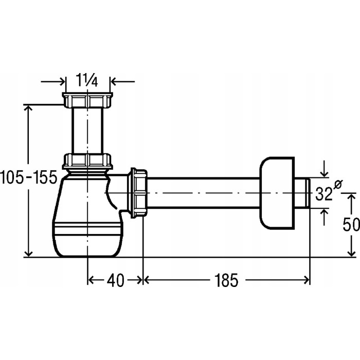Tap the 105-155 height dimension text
(x=28, y=177)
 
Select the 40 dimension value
(x=116, y=280)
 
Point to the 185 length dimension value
(x=226, y=280)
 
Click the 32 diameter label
(x=323, y=193)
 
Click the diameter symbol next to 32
(x=338, y=184)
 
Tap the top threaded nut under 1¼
(x=87, y=100)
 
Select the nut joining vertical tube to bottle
(x=87, y=161)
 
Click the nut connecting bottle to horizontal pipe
(x=139, y=193)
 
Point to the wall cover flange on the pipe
(x=277, y=193)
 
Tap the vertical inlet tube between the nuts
(x=87, y=131)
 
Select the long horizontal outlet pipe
(x=203, y=193)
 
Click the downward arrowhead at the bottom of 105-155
(x=28, y=253)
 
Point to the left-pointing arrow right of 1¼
(x=122, y=81)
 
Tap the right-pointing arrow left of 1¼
(x=53, y=81)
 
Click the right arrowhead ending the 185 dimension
(x=307, y=280)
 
